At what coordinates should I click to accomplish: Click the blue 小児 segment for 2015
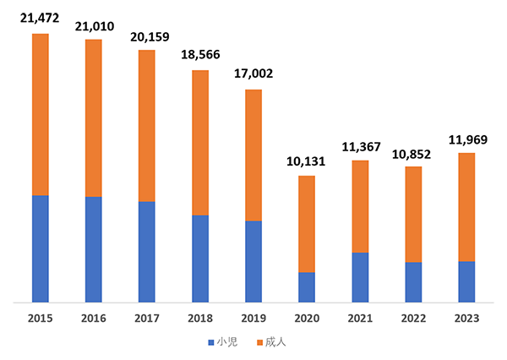pos(40,248)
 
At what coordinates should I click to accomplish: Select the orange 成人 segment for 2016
pos(93,118)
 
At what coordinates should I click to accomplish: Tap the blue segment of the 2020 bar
pos(307,286)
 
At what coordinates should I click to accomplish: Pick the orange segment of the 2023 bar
pos(466,207)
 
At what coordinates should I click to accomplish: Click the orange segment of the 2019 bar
pos(253,155)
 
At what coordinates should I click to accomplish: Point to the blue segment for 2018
pos(200,258)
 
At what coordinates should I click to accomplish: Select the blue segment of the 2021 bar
pos(360,276)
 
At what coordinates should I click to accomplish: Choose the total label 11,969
pos(466,139)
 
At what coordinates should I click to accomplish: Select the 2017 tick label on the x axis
pos(147,318)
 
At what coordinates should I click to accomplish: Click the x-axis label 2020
pos(307,318)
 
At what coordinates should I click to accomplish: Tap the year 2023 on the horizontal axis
pos(466,318)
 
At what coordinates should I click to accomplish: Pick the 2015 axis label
pos(40,318)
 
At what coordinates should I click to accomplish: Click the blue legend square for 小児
pos(210,343)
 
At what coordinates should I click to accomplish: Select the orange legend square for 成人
pos(259,343)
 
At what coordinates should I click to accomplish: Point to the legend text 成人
pos(275,343)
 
